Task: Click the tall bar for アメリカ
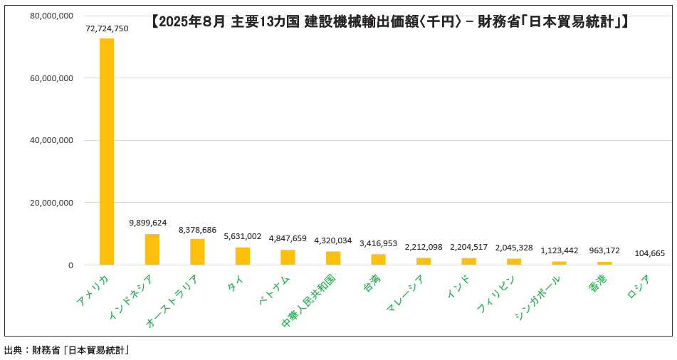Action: (107, 152)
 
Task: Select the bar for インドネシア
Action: (152, 250)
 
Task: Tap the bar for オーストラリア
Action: (197, 252)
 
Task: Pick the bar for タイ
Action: (243, 256)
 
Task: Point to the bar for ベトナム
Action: (288, 258)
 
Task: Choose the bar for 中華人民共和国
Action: (333, 258)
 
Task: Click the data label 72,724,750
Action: (107, 28)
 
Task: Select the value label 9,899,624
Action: (148, 223)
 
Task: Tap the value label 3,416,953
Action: (378, 243)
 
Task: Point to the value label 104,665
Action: (649, 253)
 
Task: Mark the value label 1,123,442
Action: (560, 250)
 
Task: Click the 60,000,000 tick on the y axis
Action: (51, 78)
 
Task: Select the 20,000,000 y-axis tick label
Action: (51, 203)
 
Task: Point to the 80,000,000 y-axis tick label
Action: (51, 16)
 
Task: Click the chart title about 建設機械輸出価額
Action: (390, 22)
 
